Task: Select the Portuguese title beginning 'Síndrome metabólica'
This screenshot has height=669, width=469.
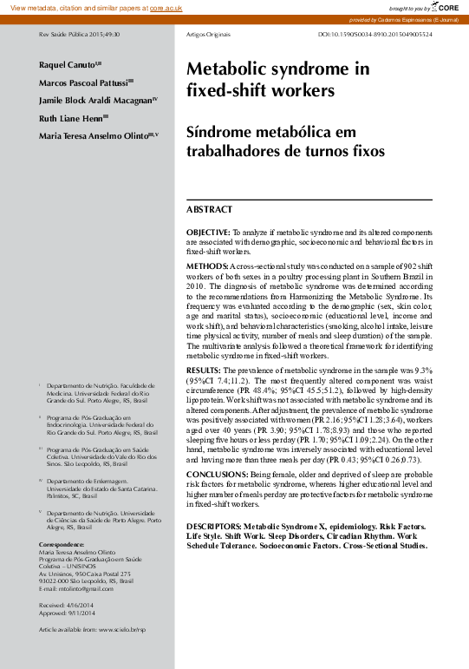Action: (x=272, y=142)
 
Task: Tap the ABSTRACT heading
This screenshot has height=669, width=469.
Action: (x=210, y=209)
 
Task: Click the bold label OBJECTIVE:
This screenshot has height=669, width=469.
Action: (x=208, y=233)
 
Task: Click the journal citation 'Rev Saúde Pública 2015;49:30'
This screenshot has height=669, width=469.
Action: (x=74, y=34)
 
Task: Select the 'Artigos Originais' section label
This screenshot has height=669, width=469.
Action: (x=210, y=34)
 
